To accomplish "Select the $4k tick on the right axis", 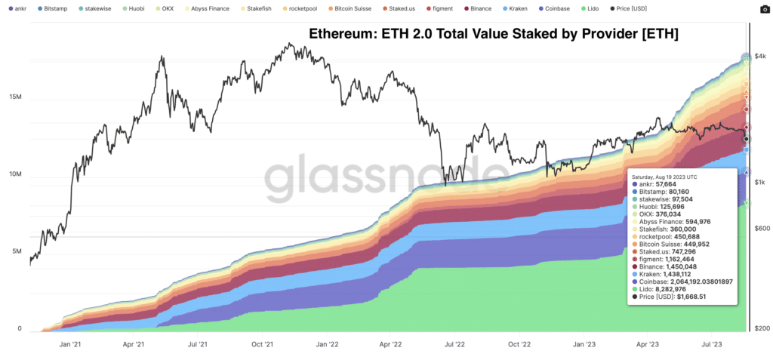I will [761, 66].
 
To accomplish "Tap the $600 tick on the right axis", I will [762, 229].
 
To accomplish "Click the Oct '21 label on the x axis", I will [262, 345].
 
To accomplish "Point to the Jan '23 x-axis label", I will [584, 345].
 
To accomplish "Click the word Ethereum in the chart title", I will [341, 34].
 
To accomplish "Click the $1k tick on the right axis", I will [761, 183].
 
